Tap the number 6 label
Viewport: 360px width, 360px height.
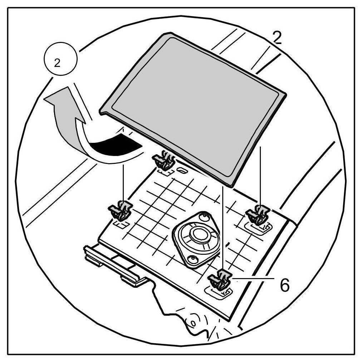point(283,285)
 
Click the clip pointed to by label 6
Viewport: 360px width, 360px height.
point(220,279)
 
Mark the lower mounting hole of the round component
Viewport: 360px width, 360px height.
point(193,259)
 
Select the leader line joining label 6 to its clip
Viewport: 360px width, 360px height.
point(250,278)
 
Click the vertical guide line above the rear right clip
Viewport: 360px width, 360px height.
point(261,175)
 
